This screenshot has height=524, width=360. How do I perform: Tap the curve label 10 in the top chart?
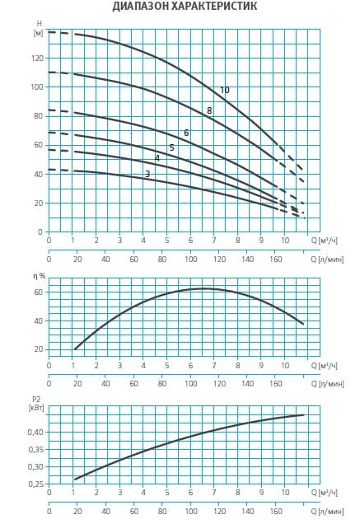[225, 91]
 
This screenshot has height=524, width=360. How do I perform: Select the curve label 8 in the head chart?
[209, 110]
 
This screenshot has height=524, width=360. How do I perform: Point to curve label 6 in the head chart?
[186, 133]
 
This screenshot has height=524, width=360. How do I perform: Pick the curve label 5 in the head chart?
[172, 147]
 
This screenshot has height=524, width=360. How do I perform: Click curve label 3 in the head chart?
[147, 174]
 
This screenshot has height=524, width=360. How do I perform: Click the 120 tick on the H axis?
[38, 58]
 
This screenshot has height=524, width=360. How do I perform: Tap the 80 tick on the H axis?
[40, 116]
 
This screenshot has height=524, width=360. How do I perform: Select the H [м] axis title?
[39, 28]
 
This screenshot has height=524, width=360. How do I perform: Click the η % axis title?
[39, 276]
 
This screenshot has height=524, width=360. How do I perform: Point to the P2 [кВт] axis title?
[38, 403]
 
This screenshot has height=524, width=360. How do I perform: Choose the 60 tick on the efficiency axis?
[40, 292]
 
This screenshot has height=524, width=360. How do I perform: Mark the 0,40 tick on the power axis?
[35, 432]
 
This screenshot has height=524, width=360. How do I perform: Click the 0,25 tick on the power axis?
[35, 484]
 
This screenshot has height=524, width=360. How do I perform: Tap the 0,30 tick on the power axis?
[35, 467]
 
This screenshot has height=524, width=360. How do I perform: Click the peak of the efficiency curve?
[203, 288]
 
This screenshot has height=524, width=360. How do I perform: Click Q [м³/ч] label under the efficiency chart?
[325, 365]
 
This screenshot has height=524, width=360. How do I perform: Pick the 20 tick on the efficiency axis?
[40, 349]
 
